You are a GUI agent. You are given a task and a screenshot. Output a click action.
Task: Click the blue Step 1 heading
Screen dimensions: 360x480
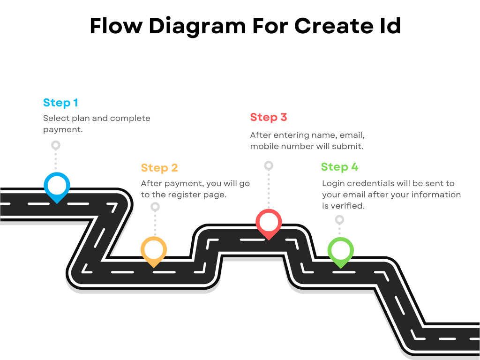tap(60, 103)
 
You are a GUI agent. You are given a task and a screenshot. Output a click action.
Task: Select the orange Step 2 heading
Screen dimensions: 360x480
tap(159, 168)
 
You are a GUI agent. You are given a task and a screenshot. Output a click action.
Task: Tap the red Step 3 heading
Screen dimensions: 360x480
tap(268, 117)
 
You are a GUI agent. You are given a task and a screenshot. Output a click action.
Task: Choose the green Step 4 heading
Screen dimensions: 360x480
tap(339, 167)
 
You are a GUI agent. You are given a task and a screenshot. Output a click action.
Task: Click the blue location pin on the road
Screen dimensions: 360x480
tap(57, 186)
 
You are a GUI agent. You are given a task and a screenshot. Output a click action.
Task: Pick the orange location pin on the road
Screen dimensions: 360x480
tap(154, 250)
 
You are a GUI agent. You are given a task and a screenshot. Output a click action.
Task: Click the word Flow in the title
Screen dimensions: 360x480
tap(115, 26)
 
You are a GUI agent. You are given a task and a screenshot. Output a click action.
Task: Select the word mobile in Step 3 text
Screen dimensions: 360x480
tap(265, 146)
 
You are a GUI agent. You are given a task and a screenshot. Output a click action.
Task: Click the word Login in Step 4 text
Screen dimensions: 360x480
tap(333, 183)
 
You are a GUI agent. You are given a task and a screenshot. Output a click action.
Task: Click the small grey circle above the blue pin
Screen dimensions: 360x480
tap(56, 145)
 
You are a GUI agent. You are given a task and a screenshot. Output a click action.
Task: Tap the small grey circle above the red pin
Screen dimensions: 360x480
tap(269, 165)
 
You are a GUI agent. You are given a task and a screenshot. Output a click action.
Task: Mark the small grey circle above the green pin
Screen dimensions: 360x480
tap(340, 219)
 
